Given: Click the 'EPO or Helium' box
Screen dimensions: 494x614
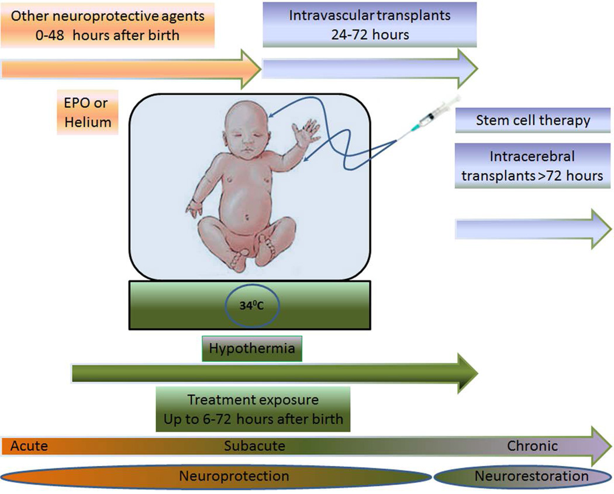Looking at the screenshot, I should pos(88,112).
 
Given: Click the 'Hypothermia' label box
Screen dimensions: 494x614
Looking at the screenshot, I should pos(252,349).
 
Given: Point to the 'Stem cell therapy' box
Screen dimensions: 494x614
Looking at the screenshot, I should pos(533,121).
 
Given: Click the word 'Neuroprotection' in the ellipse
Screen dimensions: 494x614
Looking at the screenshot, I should pos(234,476).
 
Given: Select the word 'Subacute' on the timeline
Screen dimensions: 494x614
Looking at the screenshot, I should pos(254,446).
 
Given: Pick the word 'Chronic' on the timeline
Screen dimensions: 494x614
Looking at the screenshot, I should pos(532,446).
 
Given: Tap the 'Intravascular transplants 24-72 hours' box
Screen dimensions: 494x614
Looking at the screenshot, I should pos(370,25).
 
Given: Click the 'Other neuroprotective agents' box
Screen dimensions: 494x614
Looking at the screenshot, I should pos(108,25).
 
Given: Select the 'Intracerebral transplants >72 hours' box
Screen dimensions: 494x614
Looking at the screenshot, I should pos(533,166).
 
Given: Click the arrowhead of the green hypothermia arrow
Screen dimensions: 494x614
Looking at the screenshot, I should pos(468,373).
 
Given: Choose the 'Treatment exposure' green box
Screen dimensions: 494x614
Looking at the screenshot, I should pos(253,409).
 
